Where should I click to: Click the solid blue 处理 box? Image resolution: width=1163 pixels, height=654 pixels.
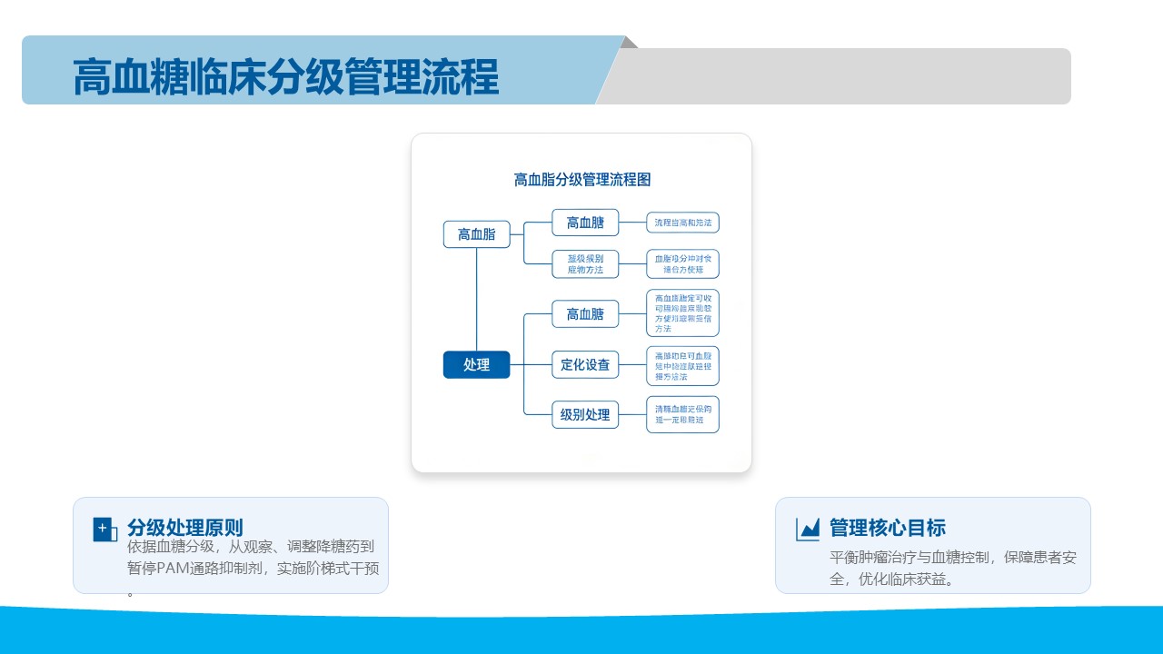click(476, 364)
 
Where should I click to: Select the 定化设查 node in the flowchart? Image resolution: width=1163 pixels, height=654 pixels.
click(585, 365)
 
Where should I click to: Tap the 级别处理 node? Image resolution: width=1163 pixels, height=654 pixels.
click(585, 415)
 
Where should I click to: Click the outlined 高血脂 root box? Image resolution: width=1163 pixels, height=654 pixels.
click(476, 234)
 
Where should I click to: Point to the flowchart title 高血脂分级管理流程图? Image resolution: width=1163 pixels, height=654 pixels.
click(581, 180)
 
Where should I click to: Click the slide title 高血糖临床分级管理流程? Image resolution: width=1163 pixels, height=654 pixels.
click(285, 77)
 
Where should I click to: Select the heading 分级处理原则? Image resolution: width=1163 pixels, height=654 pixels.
click(185, 528)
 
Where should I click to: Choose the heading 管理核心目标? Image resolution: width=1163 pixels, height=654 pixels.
click(888, 528)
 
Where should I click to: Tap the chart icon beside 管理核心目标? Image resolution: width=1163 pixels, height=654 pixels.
click(807, 529)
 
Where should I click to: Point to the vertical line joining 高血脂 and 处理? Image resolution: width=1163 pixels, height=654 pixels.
click(476, 300)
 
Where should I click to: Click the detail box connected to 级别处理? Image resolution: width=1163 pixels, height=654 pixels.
click(682, 415)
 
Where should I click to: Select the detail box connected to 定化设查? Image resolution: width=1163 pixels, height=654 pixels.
click(682, 365)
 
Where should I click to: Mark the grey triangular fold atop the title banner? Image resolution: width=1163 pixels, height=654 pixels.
click(630, 42)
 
